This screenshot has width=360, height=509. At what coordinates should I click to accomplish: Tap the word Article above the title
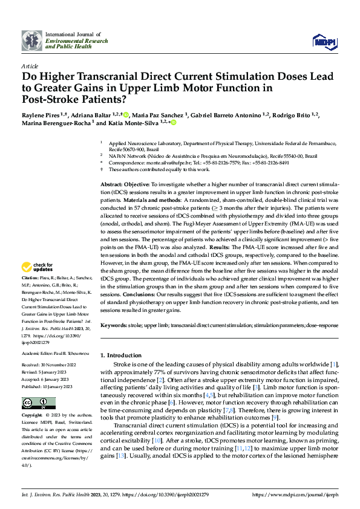click(30, 65)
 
